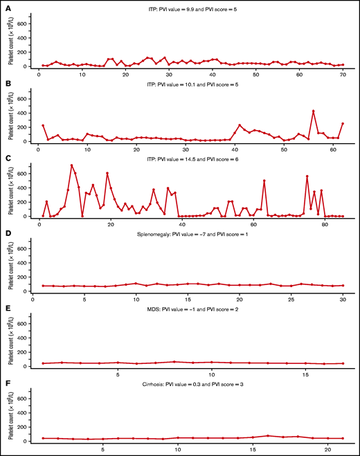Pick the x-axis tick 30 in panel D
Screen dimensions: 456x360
click(x=343, y=300)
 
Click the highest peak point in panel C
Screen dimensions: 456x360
click(x=71, y=165)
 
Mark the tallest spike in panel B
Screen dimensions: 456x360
click(x=314, y=111)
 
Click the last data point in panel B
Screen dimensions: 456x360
click(x=343, y=123)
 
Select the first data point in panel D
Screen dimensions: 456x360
click(x=44, y=285)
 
